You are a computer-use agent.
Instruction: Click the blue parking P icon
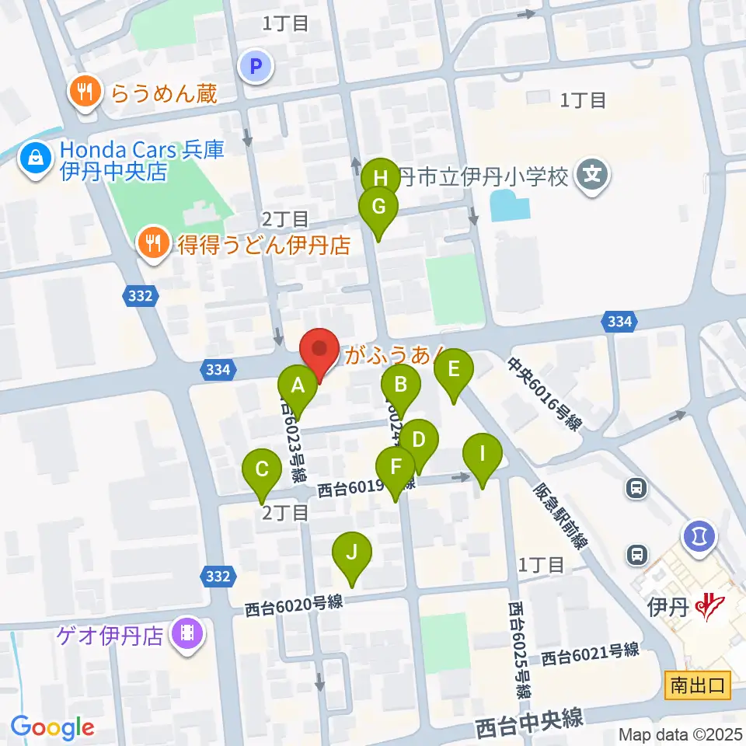click(256, 68)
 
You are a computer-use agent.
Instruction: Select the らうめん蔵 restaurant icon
click(86, 93)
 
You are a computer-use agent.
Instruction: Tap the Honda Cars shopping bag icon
click(36, 159)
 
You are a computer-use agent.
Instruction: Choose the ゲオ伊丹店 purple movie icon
click(186, 635)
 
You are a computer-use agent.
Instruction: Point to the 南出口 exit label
click(698, 685)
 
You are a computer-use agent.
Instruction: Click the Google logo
click(52, 727)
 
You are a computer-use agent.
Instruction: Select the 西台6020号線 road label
click(294, 605)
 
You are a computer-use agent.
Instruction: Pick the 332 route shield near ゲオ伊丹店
click(218, 576)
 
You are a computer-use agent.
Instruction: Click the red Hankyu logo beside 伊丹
click(709, 605)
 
